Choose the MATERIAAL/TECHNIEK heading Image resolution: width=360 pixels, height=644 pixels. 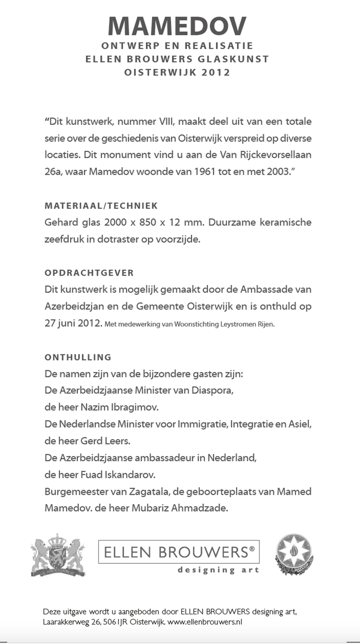(x=101, y=206)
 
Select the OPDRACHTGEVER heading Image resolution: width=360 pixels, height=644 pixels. (x=89, y=273)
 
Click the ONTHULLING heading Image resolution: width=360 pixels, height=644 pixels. (x=78, y=357)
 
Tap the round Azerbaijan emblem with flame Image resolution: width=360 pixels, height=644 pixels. (x=293, y=554)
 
